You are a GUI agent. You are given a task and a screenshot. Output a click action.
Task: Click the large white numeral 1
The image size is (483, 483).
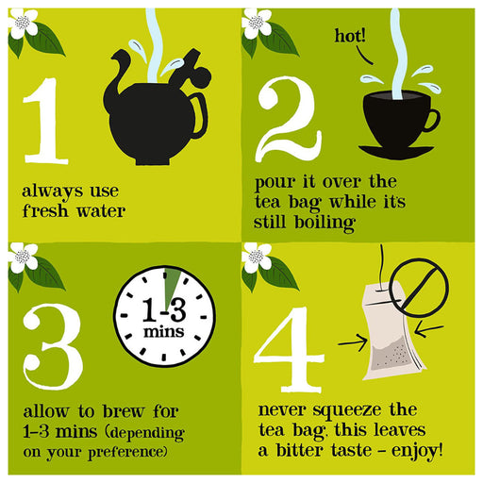point(46,121)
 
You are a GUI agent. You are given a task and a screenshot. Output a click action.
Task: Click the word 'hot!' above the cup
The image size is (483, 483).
point(350,36)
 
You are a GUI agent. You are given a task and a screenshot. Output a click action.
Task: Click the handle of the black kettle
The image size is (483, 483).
point(200,116)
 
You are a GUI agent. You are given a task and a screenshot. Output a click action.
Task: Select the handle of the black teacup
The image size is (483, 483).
point(433,121)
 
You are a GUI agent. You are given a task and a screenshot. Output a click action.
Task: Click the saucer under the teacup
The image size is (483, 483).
point(396,152)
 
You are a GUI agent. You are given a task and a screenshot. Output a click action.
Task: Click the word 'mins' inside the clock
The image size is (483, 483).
point(164,332)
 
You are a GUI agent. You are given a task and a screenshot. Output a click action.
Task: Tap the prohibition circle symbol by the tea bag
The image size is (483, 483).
point(419,288)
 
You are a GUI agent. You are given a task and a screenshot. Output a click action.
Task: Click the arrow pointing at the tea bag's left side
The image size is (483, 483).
point(353,342)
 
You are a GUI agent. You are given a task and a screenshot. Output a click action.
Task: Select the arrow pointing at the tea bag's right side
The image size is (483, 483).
point(429,330)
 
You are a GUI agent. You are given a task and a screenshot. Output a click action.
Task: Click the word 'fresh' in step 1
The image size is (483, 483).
point(45,210)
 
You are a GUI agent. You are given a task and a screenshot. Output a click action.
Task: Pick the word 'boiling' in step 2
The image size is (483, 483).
point(325,223)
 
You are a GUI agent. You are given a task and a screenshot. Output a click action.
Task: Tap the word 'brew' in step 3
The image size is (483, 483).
point(124,411)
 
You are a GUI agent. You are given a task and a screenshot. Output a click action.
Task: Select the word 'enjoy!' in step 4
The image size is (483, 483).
point(417,451)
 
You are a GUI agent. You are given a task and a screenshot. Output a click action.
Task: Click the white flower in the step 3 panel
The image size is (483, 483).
point(23,258)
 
